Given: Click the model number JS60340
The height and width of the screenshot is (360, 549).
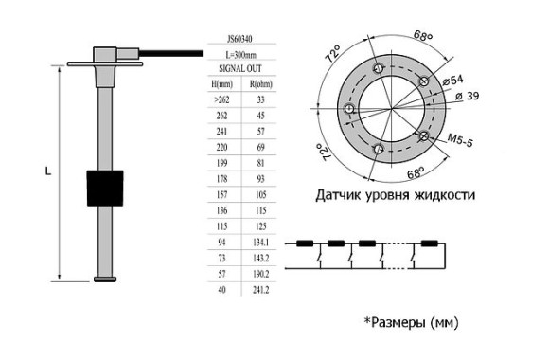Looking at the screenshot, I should pyautogui.click(x=240, y=41).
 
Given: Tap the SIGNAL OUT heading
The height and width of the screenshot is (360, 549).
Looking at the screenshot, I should pyautogui.click(x=240, y=69).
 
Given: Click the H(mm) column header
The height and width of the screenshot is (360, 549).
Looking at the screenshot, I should pyautogui.click(x=221, y=84).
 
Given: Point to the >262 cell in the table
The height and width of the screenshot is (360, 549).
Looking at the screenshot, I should pyautogui.click(x=221, y=99).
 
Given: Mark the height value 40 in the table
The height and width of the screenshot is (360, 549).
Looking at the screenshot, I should pyautogui.click(x=221, y=289).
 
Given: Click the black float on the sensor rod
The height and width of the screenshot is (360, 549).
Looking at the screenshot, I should pyautogui.click(x=105, y=189).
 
